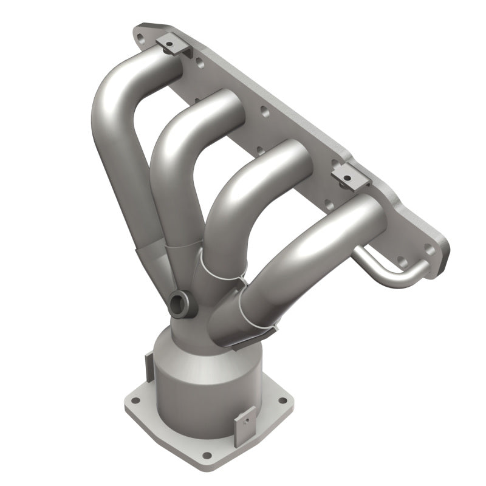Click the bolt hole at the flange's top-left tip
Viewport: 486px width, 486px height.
[x=142, y=38]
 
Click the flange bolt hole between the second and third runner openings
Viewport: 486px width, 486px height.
[x=262, y=112]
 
